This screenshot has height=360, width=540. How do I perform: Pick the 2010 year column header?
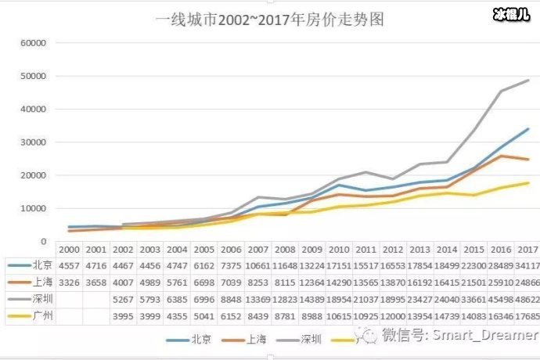(x=339, y=249)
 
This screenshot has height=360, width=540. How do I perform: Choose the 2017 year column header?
(x=527, y=249)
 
